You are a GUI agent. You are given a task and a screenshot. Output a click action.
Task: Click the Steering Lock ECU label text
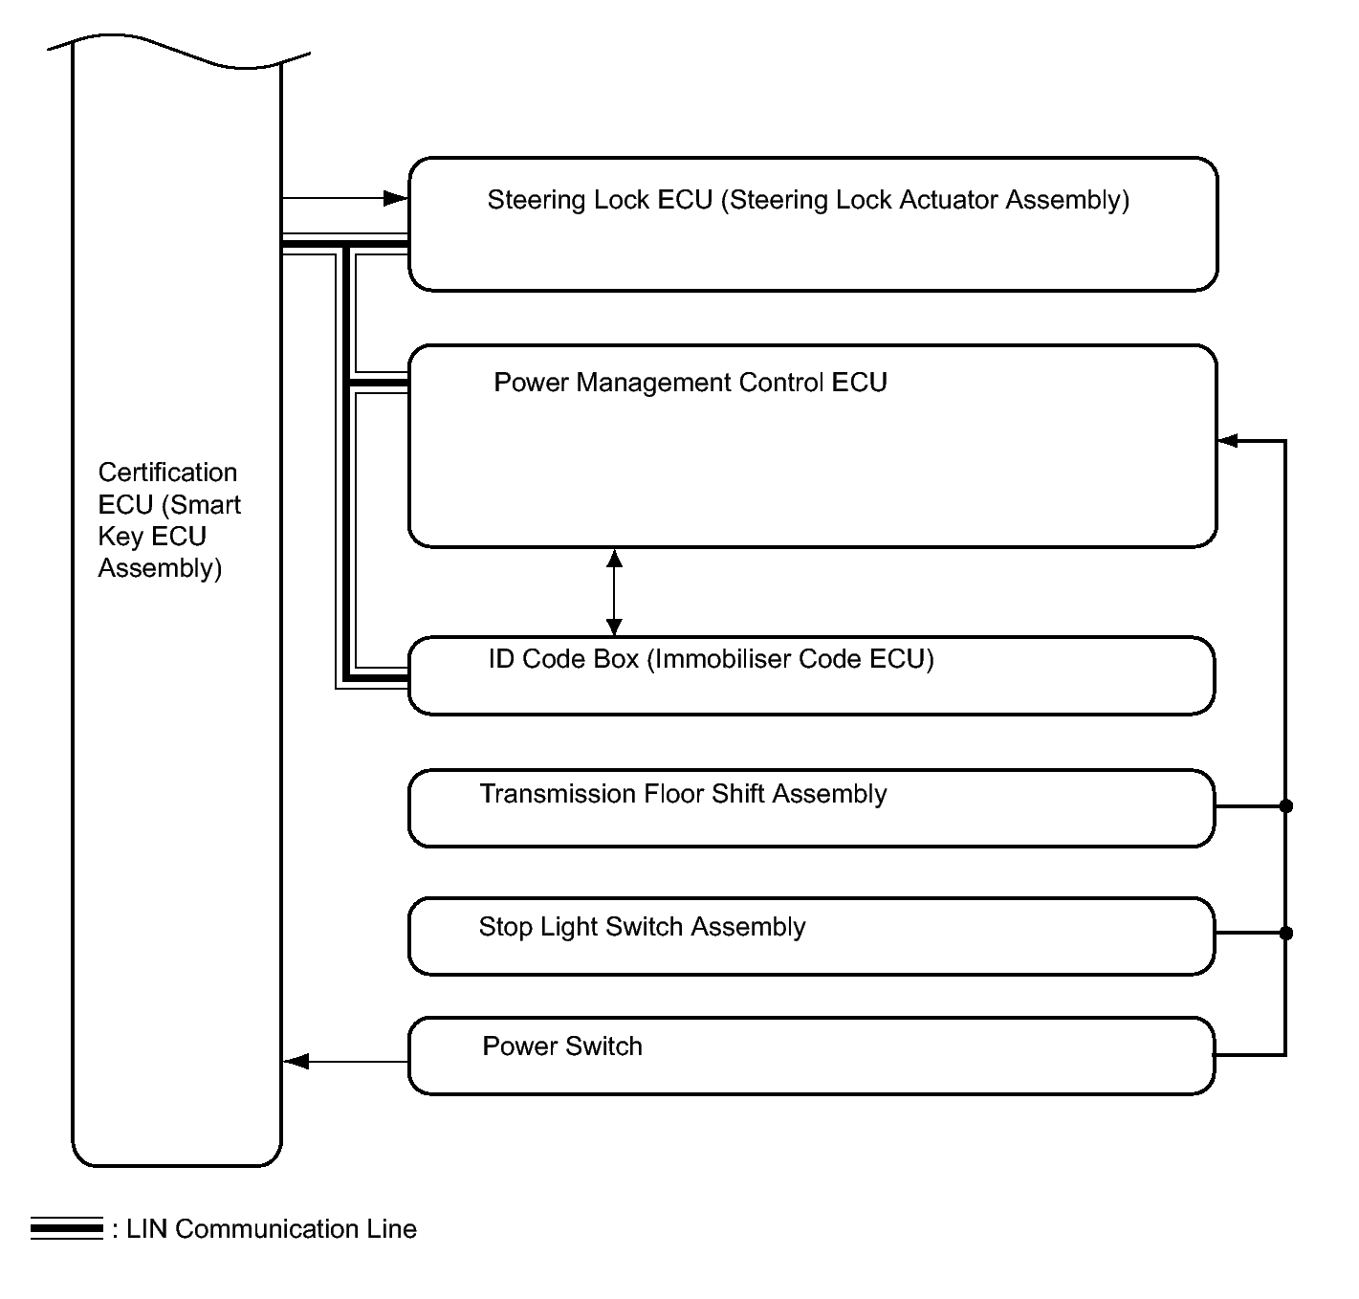(x=808, y=200)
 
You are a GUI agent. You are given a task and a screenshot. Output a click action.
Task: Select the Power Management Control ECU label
(x=690, y=383)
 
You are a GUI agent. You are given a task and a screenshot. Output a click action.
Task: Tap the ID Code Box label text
(x=711, y=659)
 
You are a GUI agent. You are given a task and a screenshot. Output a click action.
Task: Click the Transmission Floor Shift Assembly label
(x=683, y=794)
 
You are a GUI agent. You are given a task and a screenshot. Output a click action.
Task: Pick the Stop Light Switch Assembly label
(x=642, y=927)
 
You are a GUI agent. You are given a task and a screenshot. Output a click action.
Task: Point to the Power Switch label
(x=561, y=1046)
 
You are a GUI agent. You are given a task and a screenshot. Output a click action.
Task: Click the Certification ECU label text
(x=168, y=520)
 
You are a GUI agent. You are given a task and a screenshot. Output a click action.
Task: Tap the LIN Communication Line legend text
(x=272, y=1229)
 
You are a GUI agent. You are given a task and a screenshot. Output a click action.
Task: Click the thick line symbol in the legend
(x=66, y=1228)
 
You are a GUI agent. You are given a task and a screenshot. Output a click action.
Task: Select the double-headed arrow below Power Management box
(x=614, y=592)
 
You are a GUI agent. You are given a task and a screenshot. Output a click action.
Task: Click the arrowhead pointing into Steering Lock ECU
(x=396, y=198)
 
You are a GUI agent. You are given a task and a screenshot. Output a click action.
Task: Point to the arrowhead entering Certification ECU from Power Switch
(x=296, y=1061)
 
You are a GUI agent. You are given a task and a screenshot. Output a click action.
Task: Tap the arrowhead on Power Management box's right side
(x=1229, y=441)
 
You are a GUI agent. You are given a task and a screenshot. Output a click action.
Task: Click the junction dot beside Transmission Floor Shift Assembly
(x=1285, y=806)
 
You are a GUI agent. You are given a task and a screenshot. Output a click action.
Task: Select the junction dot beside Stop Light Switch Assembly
(x=1285, y=933)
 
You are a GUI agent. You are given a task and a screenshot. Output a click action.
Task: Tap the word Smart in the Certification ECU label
(x=208, y=505)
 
